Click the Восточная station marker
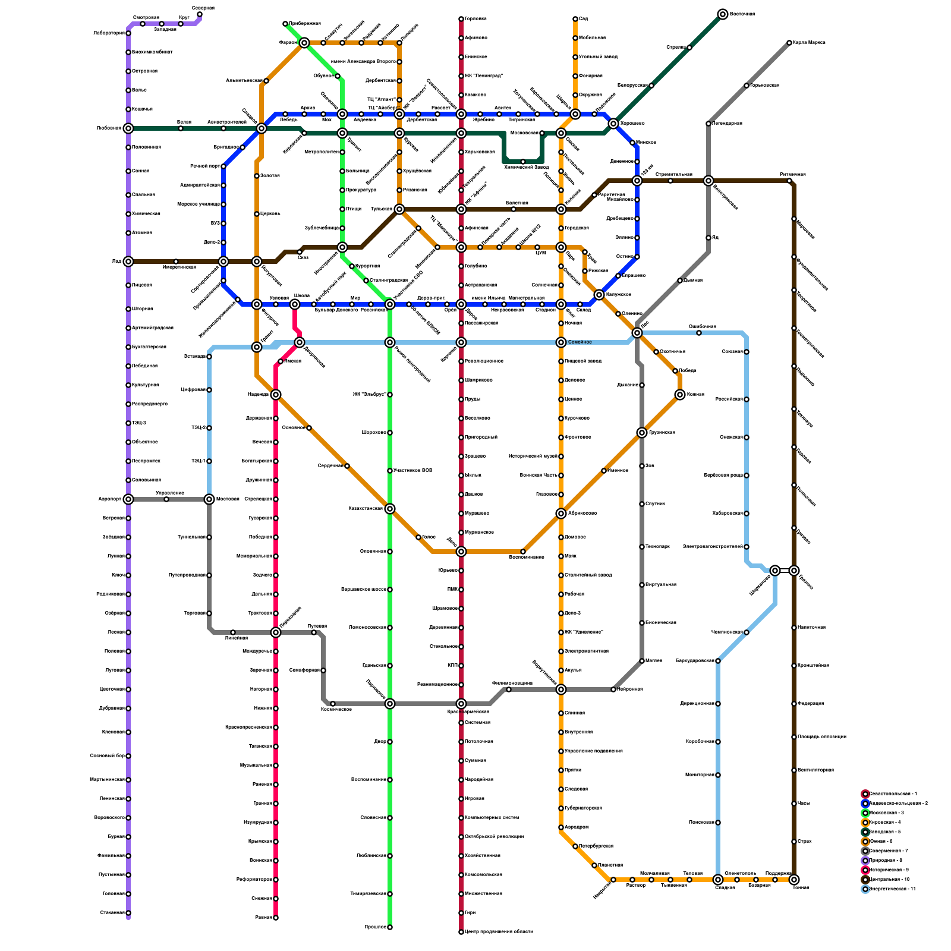coord(722,14)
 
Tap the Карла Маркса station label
coord(809,43)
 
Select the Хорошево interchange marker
coord(613,124)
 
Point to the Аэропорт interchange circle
coord(128,499)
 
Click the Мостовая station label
coord(228,499)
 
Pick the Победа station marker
coord(675,371)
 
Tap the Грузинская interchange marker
coord(642,433)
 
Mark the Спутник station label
coord(655,504)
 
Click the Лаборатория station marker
coord(128,33)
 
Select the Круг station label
coord(184,18)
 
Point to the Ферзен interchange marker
coord(304,43)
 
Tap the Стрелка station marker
coord(689,48)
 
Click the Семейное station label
coord(580,342)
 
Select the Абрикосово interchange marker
coord(561,514)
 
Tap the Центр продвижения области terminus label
coord(499,932)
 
